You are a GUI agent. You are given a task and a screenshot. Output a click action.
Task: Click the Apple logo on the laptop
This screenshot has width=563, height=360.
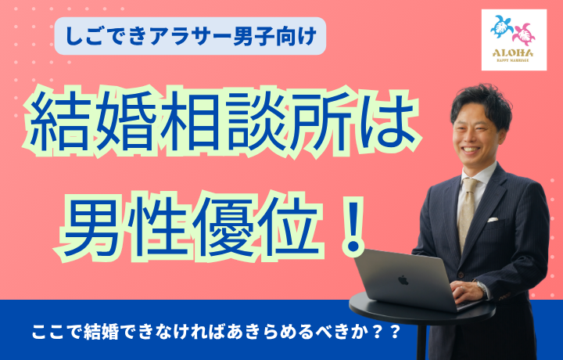pos(403,280)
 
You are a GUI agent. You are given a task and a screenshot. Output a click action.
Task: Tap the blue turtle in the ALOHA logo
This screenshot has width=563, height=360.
pos(502,27)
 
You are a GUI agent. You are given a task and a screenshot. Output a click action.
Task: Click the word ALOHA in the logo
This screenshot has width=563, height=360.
pos(513,53)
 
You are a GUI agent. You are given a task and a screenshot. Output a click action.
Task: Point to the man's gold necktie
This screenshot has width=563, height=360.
pos(468,212)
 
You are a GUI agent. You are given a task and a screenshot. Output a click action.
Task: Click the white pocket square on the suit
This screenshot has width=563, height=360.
pos(493,219)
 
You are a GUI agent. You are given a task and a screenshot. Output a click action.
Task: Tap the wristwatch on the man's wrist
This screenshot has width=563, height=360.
pos(480,287)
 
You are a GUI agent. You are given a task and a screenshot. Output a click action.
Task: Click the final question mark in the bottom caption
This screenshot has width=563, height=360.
pos(395,333)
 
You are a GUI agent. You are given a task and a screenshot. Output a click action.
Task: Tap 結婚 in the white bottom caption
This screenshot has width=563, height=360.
pos(101,333)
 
